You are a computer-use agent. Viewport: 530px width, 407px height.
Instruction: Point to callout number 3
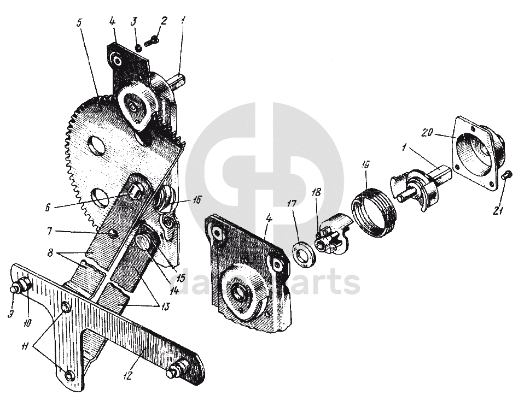(134, 21)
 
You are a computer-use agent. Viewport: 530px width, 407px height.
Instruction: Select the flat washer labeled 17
(303, 253)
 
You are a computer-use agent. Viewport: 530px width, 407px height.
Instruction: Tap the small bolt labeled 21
(506, 174)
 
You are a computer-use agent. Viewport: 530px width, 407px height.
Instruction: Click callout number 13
(164, 307)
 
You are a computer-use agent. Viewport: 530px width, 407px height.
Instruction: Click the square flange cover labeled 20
(475, 148)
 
